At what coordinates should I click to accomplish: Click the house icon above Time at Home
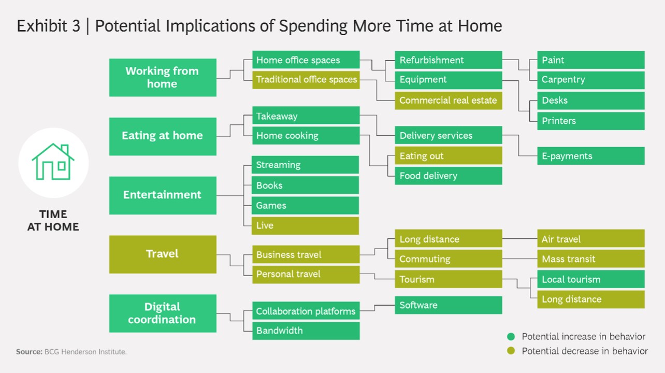pos(53,162)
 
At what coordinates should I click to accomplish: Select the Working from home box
pos(163,78)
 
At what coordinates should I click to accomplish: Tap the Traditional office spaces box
pos(306,80)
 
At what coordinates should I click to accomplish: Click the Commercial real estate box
pos(448,101)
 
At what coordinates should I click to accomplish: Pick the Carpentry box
pos(590,80)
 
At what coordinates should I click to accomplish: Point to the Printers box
pos(590,121)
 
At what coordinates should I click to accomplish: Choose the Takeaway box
pos(306,116)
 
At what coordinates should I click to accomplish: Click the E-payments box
pos(590,156)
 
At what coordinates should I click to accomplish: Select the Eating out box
pos(448,156)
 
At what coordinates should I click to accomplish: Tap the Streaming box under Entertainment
pos(306,165)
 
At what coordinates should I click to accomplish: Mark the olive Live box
pos(306,225)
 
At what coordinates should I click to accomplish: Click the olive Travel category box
pos(163,254)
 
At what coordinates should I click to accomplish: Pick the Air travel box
pos(590,239)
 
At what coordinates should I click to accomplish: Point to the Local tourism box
pos(590,279)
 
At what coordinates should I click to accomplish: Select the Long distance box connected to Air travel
pos(448,239)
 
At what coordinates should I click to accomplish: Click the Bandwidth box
pos(306,331)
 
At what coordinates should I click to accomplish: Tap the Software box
pos(448,305)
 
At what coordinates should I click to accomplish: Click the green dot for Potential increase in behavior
pos(511,337)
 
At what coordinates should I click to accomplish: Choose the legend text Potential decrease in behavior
pos(584,351)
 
